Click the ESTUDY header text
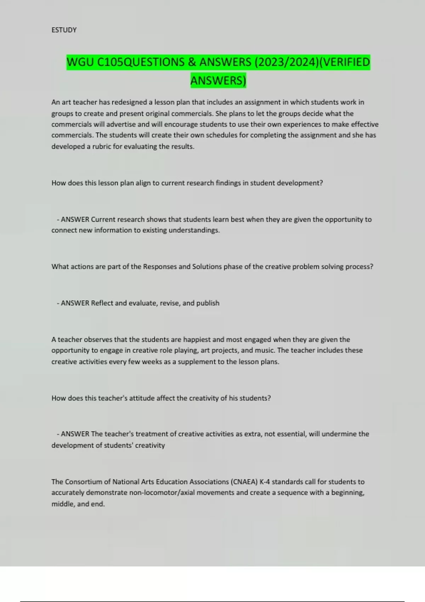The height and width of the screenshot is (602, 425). point(64,30)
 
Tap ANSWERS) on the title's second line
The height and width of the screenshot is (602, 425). point(218,81)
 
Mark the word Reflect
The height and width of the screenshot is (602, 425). point(102,303)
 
